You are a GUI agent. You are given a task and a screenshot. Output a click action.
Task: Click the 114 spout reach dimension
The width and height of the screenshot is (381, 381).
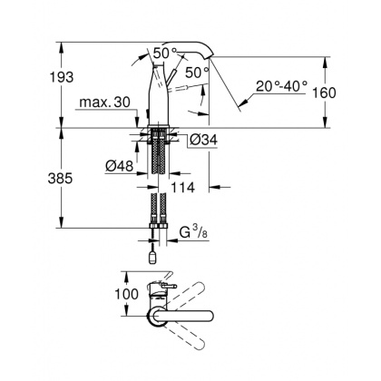(184, 187)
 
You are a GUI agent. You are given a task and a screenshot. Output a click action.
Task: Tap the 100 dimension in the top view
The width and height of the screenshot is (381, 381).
(127, 294)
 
